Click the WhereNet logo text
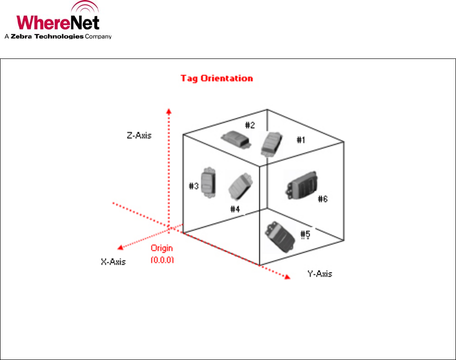click(58, 23)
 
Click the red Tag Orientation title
click(216, 78)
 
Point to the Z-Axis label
click(139, 135)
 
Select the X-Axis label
click(113, 261)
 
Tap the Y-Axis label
click(319, 274)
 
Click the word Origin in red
click(162, 249)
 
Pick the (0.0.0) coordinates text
click(162, 260)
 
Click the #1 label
click(300, 140)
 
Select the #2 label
click(250, 125)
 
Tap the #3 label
click(194, 186)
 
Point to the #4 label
click(235, 209)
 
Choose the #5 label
click(305, 234)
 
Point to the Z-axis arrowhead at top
click(169, 111)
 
